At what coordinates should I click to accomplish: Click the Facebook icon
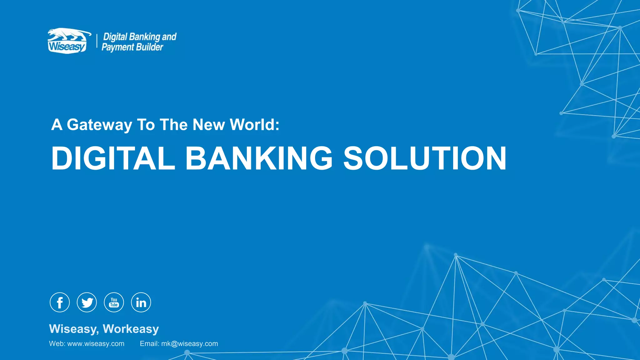pos(60,302)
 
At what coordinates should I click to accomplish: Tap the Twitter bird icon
pos(87,302)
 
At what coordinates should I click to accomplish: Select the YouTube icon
pos(114,302)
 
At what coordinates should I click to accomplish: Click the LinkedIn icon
pos(141,302)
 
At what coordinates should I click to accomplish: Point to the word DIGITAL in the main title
pos(113,158)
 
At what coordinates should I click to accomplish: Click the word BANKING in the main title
pos(259,158)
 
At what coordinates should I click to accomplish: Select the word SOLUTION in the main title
pos(425,158)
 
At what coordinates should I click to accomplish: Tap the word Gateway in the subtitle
pos(99,125)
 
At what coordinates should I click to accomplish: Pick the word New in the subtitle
pos(208,124)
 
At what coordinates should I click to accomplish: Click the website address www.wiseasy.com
pos(96,344)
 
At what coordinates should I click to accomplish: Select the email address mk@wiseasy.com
pos(189,344)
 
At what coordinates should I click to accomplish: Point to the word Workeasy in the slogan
pos(131,329)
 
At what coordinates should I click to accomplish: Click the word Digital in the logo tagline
pos(115,37)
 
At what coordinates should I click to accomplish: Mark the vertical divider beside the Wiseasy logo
pos(97,42)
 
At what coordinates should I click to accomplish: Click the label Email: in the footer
pos(149,344)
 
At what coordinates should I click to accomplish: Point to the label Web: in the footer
pos(57,344)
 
